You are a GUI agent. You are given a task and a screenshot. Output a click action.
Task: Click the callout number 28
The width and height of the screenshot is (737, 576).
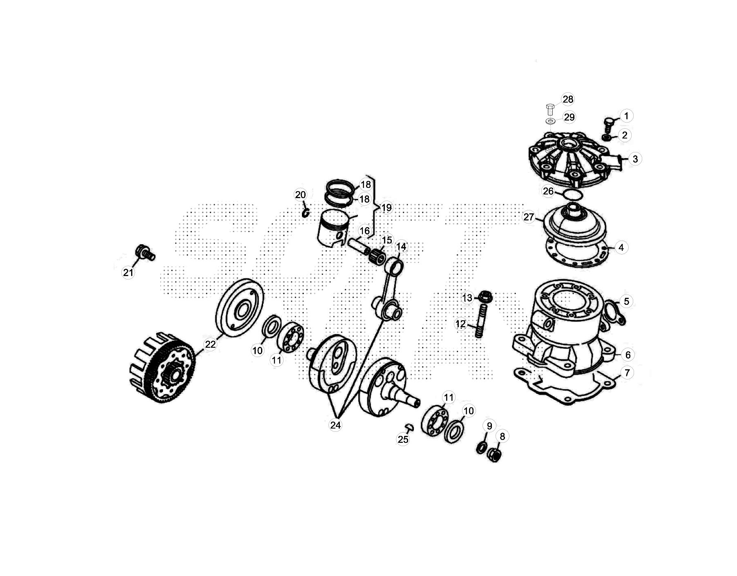(568, 99)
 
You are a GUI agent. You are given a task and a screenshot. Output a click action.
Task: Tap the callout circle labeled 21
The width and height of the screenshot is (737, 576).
(128, 272)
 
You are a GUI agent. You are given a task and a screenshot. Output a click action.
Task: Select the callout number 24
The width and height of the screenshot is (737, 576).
(335, 425)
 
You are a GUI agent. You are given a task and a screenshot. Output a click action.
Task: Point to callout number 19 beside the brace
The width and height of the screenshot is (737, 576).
(386, 208)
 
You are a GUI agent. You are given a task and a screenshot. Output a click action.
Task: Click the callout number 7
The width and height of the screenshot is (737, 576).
(627, 373)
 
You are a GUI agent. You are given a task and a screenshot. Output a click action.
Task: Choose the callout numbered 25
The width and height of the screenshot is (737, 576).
(403, 439)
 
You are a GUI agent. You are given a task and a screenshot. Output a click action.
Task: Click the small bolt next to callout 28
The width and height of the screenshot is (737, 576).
(550, 109)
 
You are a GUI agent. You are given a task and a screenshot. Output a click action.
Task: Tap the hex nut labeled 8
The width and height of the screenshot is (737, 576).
(494, 455)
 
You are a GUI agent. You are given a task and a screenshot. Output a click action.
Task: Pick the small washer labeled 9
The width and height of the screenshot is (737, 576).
(482, 448)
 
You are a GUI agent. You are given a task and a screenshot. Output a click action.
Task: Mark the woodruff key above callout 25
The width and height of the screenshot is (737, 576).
(409, 427)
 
